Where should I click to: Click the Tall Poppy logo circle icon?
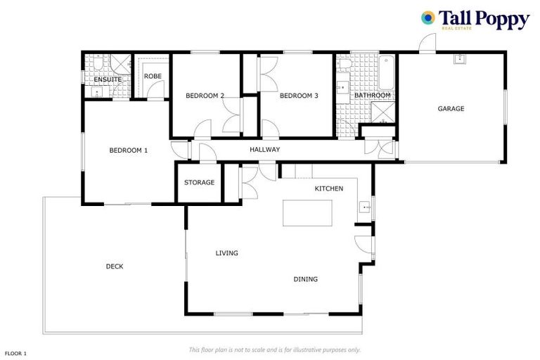click(x=427, y=18)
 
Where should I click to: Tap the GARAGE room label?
click(x=451, y=109)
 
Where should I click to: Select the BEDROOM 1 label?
click(x=128, y=150)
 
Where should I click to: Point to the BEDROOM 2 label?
click(x=205, y=96)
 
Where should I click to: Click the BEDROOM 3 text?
click(x=299, y=96)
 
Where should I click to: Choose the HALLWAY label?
click(x=265, y=150)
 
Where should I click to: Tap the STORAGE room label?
click(x=199, y=183)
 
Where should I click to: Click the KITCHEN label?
click(x=328, y=188)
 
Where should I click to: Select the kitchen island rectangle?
click(x=307, y=212)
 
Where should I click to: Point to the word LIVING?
click(x=226, y=253)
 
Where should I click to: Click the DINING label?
click(x=305, y=279)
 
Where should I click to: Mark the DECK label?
click(x=115, y=266)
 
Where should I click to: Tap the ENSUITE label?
click(x=108, y=79)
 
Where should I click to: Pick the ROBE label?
click(x=153, y=76)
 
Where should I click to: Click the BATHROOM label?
click(x=372, y=96)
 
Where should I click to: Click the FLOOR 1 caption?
click(x=16, y=353)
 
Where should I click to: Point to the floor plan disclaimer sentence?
click(x=274, y=349)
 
